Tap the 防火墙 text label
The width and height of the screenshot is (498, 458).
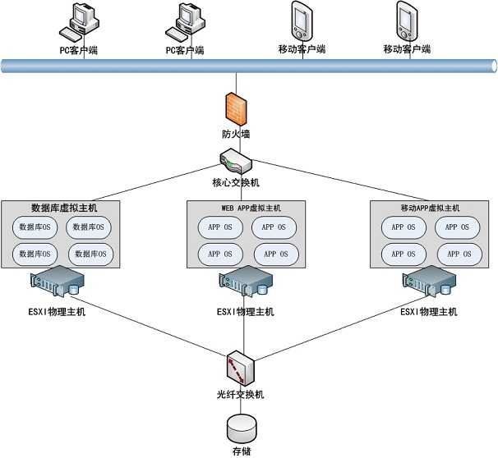click(236, 133)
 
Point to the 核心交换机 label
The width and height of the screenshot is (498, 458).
click(236, 182)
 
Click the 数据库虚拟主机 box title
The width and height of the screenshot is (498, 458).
click(63, 207)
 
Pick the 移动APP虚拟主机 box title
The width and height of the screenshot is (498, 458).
click(425, 208)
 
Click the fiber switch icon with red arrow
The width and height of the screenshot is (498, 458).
click(241, 367)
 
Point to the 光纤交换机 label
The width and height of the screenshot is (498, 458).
click(241, 395)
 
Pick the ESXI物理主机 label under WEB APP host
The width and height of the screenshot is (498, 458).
click(246, 312)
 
